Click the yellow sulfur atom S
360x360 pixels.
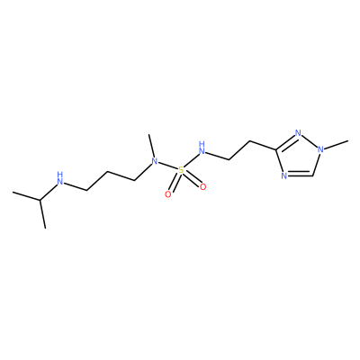pos(181,170)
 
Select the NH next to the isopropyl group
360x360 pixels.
pos(60,178)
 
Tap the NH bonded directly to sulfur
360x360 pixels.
pos(202,147)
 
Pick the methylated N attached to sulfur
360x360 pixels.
pos(155,162)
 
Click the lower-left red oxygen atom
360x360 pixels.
pos(168,194)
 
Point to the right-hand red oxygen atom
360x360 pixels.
pos(203,187)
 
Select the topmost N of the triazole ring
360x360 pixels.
pos(298,133)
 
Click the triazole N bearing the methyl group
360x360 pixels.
pos(320,148)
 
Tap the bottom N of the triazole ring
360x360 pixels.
pos(284,175)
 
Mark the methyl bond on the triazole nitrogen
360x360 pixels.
pos(336,144)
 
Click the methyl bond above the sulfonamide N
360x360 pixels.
pos(151,146)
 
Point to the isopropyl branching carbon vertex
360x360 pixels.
pos(40,200)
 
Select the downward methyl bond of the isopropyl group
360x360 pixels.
pos(42,214)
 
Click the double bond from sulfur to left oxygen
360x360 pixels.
pos(175,183)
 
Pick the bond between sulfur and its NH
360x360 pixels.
pos(191,159)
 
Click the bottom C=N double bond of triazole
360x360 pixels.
pos(301,175)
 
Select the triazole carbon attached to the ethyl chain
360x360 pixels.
pos(275,148)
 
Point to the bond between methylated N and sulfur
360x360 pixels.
pos(167,166)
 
